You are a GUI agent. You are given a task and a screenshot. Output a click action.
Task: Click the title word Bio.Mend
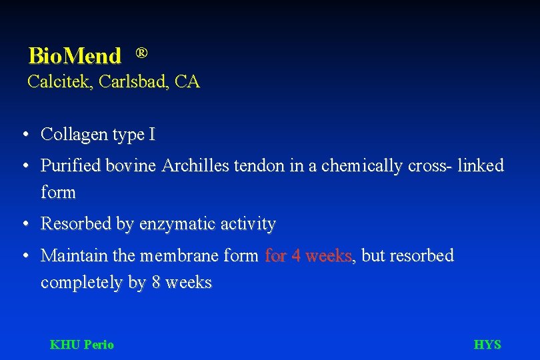pyautogui.click(x=75, y=56)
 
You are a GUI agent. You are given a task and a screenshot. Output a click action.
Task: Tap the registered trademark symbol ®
pyautogui.click(x=141, y=52)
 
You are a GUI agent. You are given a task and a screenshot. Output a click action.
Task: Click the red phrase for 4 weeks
pyautogui.click(x=309, y=256)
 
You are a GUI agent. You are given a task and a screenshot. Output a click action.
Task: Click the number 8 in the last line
pyautogui.click(x=155, y=283)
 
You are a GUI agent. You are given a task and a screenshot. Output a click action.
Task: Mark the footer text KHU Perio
pyautogui.click(x=82, y=345)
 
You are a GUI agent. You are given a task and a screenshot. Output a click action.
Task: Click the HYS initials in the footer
pyautogui.click(x=487, y=345)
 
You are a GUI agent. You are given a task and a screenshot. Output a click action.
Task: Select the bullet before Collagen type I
pyautogui.click(x=24, y=135)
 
